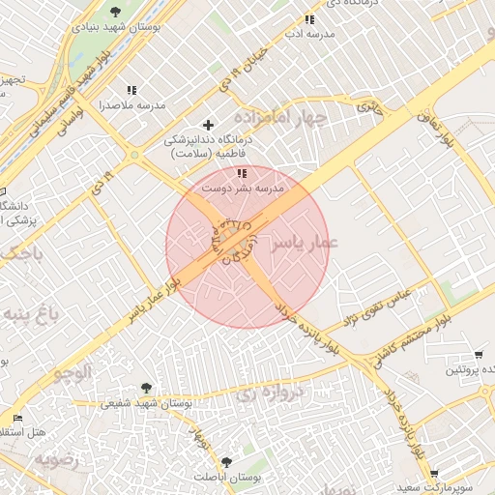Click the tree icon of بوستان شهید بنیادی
pyautogui.click(x=115, y=12)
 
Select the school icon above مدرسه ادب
pyautogui.click(x=309, y=19)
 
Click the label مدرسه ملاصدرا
pyautogui.click(x=132, y=104)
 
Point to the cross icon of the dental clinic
pyautogui.click(x=208, y=125)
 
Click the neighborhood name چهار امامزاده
pyautogui.click(x=286, y=115)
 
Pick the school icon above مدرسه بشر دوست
pyautogui.click(x=241, y=173)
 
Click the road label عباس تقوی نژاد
pyautogui.click(x=379, y=306)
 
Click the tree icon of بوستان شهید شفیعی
pyautogui.click(x=146, y=388)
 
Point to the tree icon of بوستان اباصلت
pyautogui.click(x=226, y=462)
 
